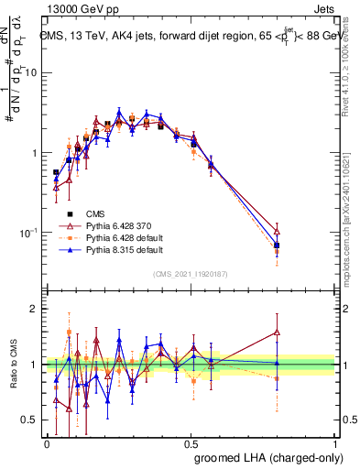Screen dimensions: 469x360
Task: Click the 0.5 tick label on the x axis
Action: (x=191, y=442)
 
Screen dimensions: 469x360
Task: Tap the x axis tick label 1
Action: (x=333, y=442)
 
